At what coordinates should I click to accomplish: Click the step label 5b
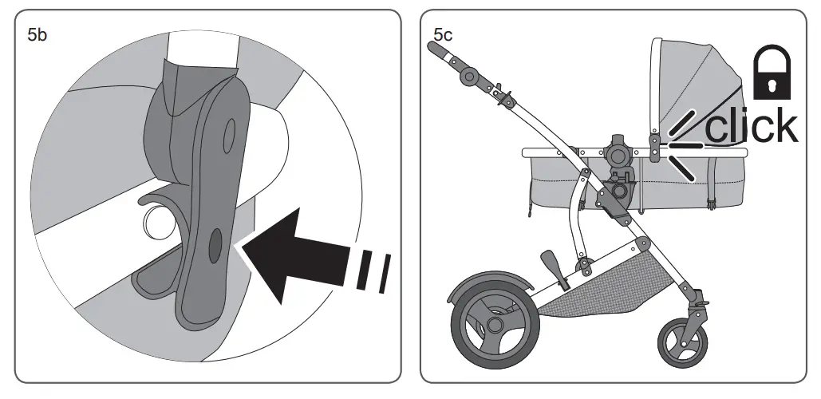(37, 36)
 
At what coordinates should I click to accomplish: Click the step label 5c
(444, 35)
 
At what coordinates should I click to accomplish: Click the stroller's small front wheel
(682, 342)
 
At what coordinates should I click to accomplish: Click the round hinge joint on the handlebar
(469, 77)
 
